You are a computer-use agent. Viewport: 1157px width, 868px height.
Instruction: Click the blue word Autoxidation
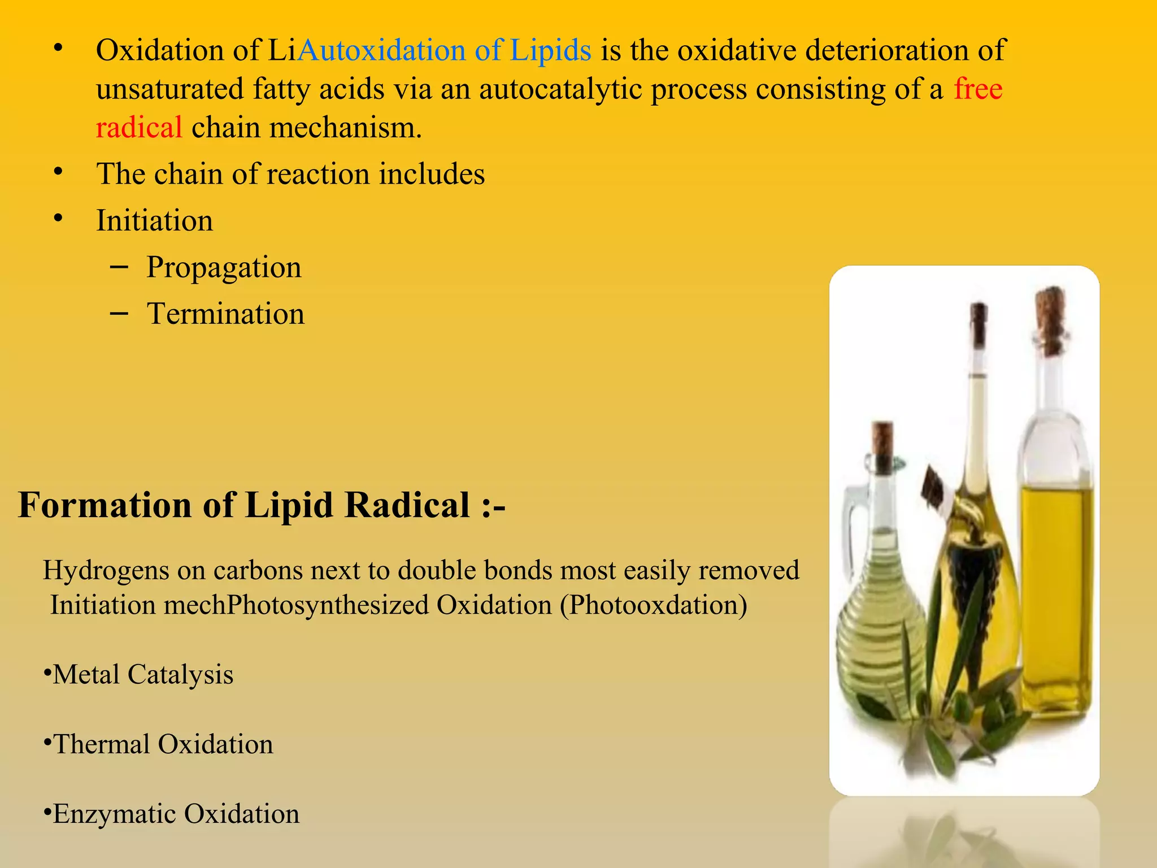[x=381, y=51]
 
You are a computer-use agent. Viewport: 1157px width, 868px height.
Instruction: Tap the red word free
[x=978, y=89]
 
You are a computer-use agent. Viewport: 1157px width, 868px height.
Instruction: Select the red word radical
[x=139, y=128]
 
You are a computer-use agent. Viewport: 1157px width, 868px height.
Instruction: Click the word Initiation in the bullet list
[x=154, y=220]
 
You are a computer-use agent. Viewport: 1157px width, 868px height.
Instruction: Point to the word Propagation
[x=224, y=268]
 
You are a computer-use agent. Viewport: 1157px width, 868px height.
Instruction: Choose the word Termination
[x=225, y=314]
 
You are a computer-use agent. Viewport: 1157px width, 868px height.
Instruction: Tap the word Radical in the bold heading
[x=407, y=505]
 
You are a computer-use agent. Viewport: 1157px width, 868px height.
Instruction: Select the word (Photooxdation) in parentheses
[x=654, y=606]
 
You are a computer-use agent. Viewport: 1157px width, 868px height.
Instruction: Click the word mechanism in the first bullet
[x=345, y=128]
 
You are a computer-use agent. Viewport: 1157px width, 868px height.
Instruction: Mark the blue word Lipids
[x=550, y=51]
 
